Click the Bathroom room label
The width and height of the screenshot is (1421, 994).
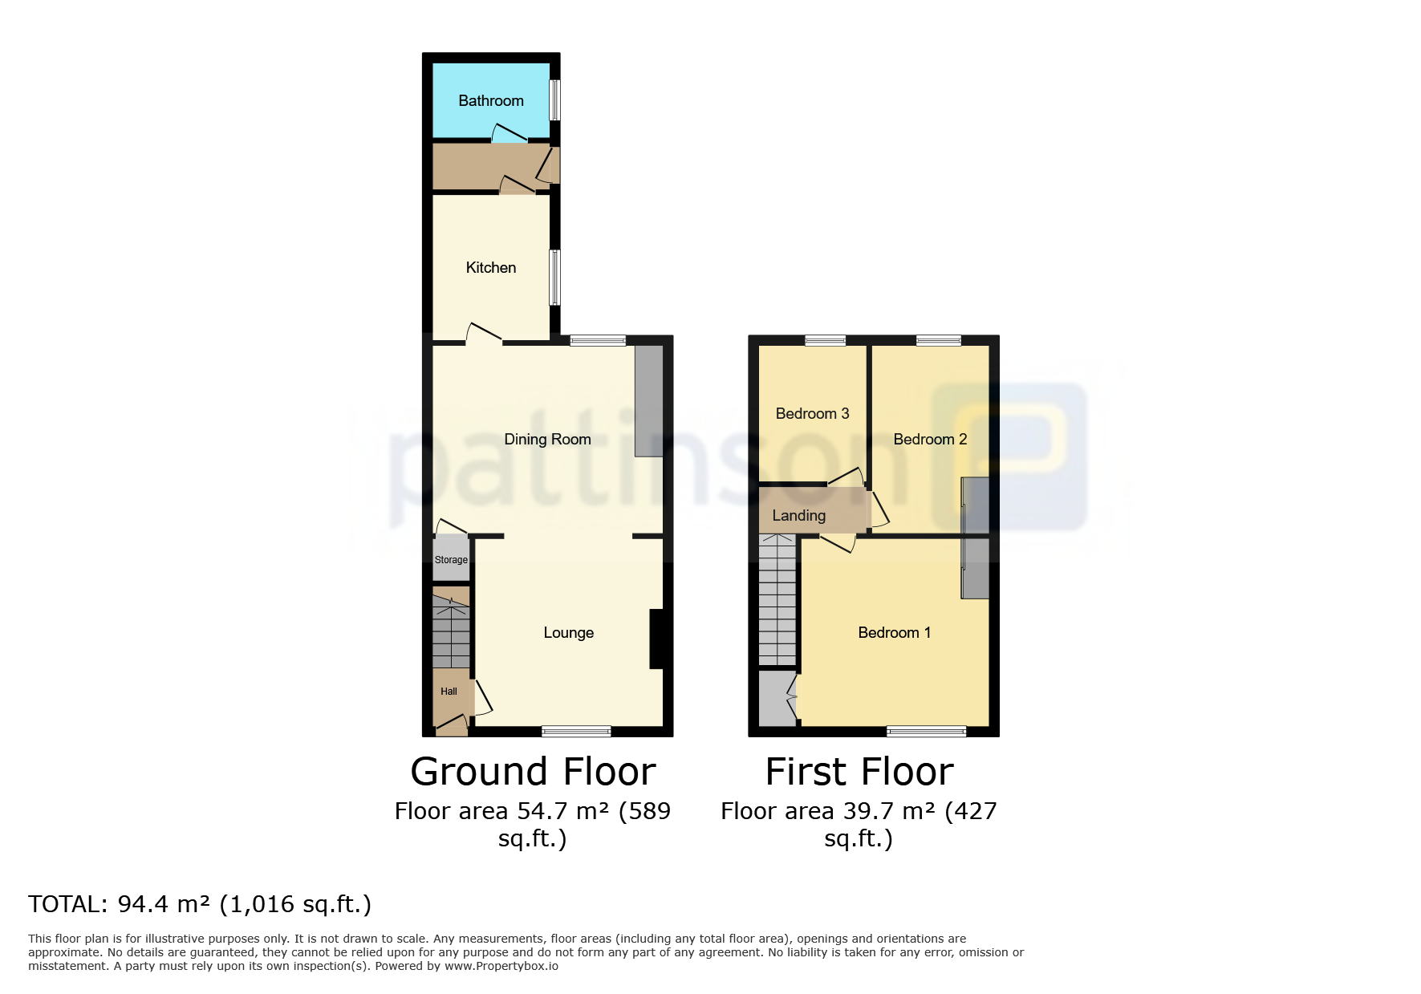[x=491, y=100]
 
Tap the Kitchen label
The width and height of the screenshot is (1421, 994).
[x=491, y=267]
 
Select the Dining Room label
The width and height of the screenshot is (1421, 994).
[x=547, y=440]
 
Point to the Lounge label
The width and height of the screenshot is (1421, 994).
[x=569, y=633]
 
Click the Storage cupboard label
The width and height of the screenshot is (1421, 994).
[x=451, y=560]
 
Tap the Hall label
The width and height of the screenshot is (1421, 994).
[x=449, y=692]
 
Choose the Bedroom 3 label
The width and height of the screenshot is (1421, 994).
[x=812, y=413]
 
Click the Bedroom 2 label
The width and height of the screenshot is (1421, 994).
[x=930, y=439]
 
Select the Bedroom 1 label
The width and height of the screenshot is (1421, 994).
[x=895, y=632]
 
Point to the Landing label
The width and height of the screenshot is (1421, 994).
[x=798, y=516]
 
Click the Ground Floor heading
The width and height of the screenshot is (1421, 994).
[x=534, y=772]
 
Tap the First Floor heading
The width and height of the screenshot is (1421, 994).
[x=859, y=772]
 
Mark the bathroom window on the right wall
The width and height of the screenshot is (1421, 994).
[x=554, y=100]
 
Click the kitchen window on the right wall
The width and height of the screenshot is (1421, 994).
[x=554, y=278]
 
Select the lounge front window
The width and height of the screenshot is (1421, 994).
[x=576, y=731]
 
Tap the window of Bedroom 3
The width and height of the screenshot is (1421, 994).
[x=826, y=340]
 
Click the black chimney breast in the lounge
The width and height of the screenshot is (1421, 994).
[x=656, y=639]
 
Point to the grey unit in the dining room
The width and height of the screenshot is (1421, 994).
[x=649, y=401]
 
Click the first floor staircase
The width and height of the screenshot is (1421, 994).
[x=777, y=600]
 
